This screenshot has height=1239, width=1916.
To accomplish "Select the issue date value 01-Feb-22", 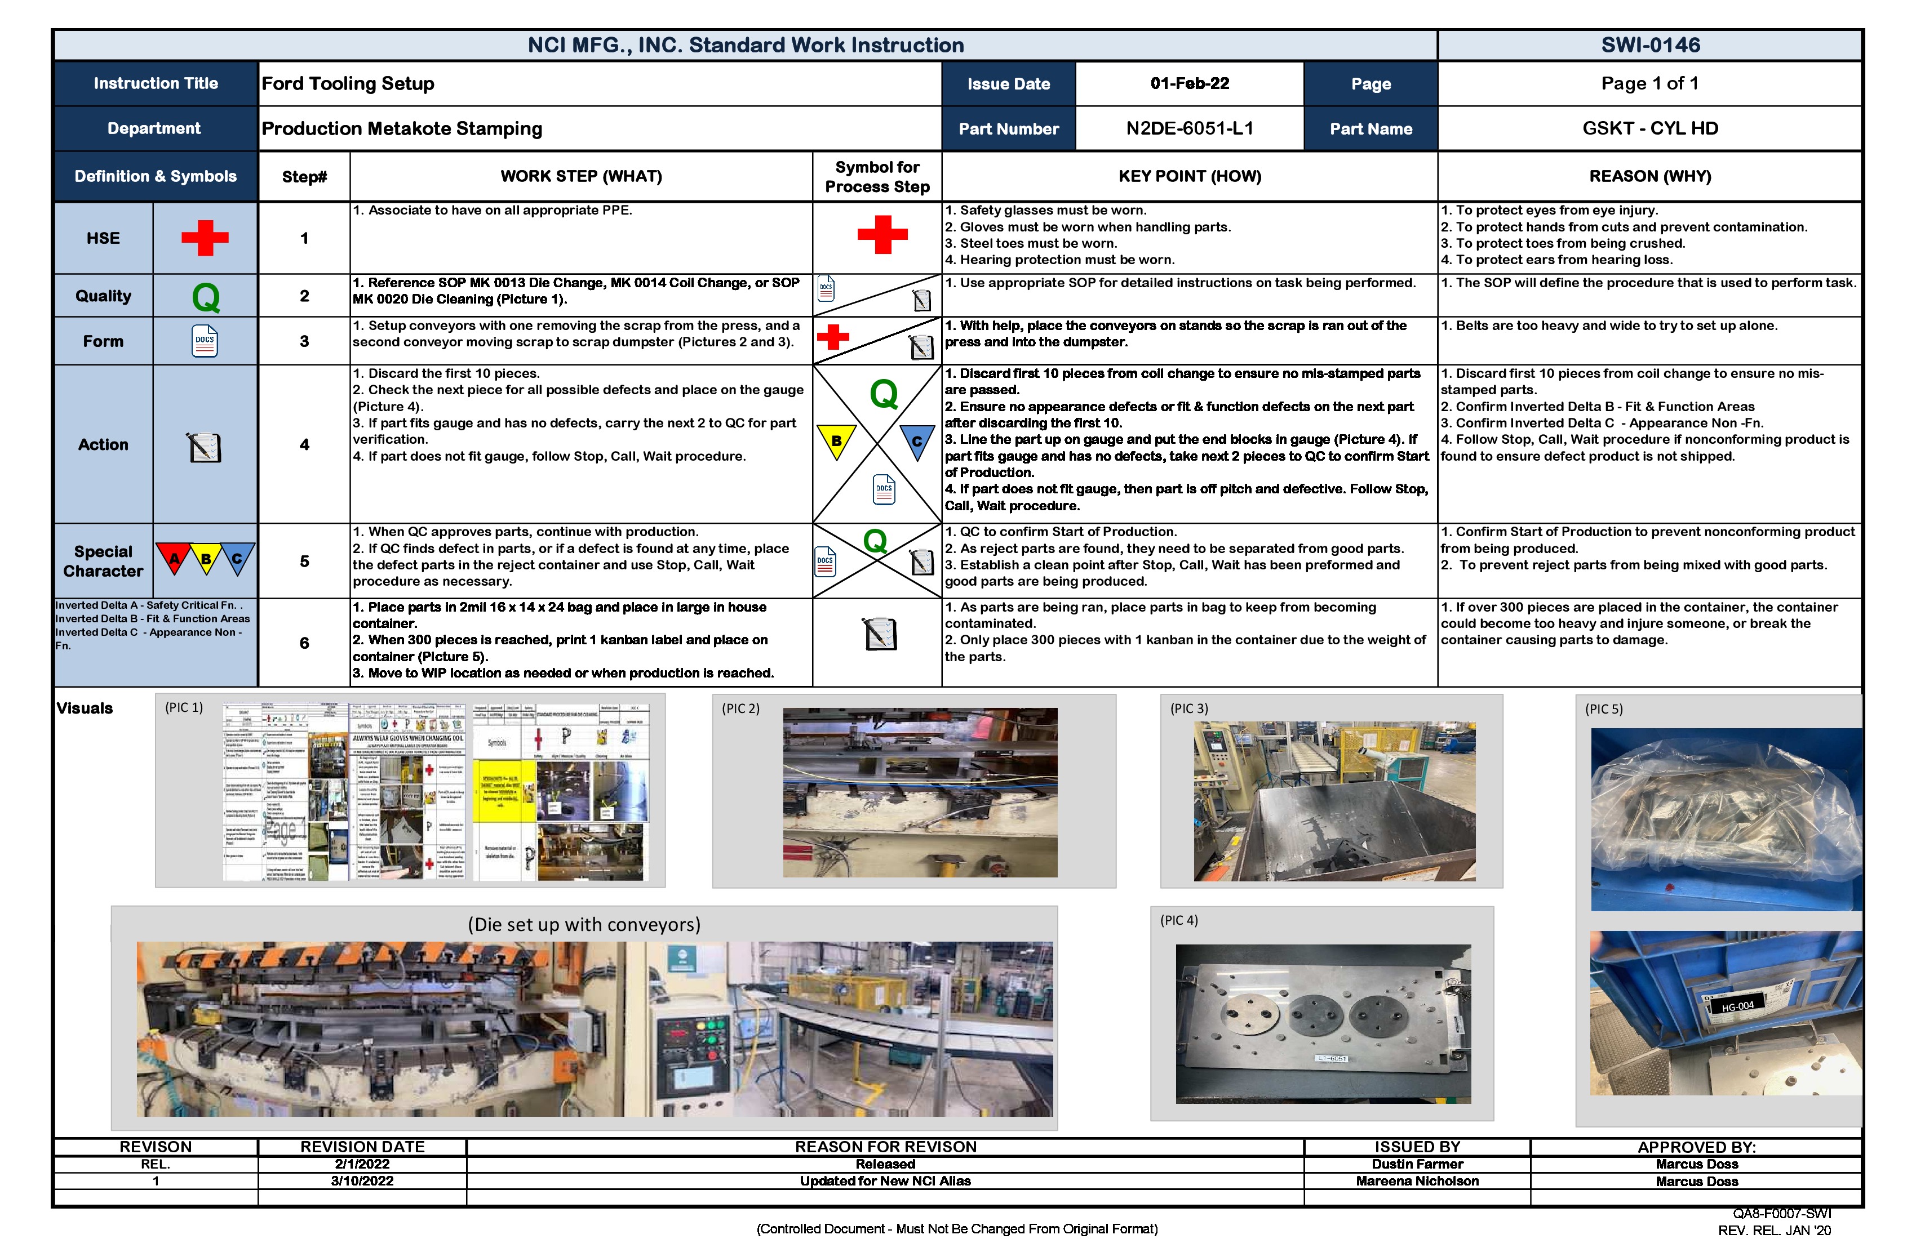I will [1189, 84].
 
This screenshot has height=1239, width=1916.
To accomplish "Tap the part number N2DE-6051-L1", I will [1189, 129].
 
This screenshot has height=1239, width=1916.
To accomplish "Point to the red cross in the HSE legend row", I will [205, 238].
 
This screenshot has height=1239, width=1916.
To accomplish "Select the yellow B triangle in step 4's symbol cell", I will [836, 441].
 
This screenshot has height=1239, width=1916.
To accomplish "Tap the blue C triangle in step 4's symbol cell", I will [916, 441].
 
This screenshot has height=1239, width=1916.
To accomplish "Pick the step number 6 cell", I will [304, 643].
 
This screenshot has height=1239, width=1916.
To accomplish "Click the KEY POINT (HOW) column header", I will [1189, 176].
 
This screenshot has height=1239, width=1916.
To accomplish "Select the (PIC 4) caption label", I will [1178, 920].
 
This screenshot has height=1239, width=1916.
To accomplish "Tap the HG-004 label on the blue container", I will [1737, 1006].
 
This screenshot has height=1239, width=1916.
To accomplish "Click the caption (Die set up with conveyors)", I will [584, 924].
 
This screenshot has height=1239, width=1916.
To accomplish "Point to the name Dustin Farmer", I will [1417, 1164].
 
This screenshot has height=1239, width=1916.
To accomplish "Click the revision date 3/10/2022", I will [362, 1181].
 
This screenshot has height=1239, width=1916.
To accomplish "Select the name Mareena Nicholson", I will [1417, 1181].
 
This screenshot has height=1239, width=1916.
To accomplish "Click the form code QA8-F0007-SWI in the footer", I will [1781, 1213].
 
